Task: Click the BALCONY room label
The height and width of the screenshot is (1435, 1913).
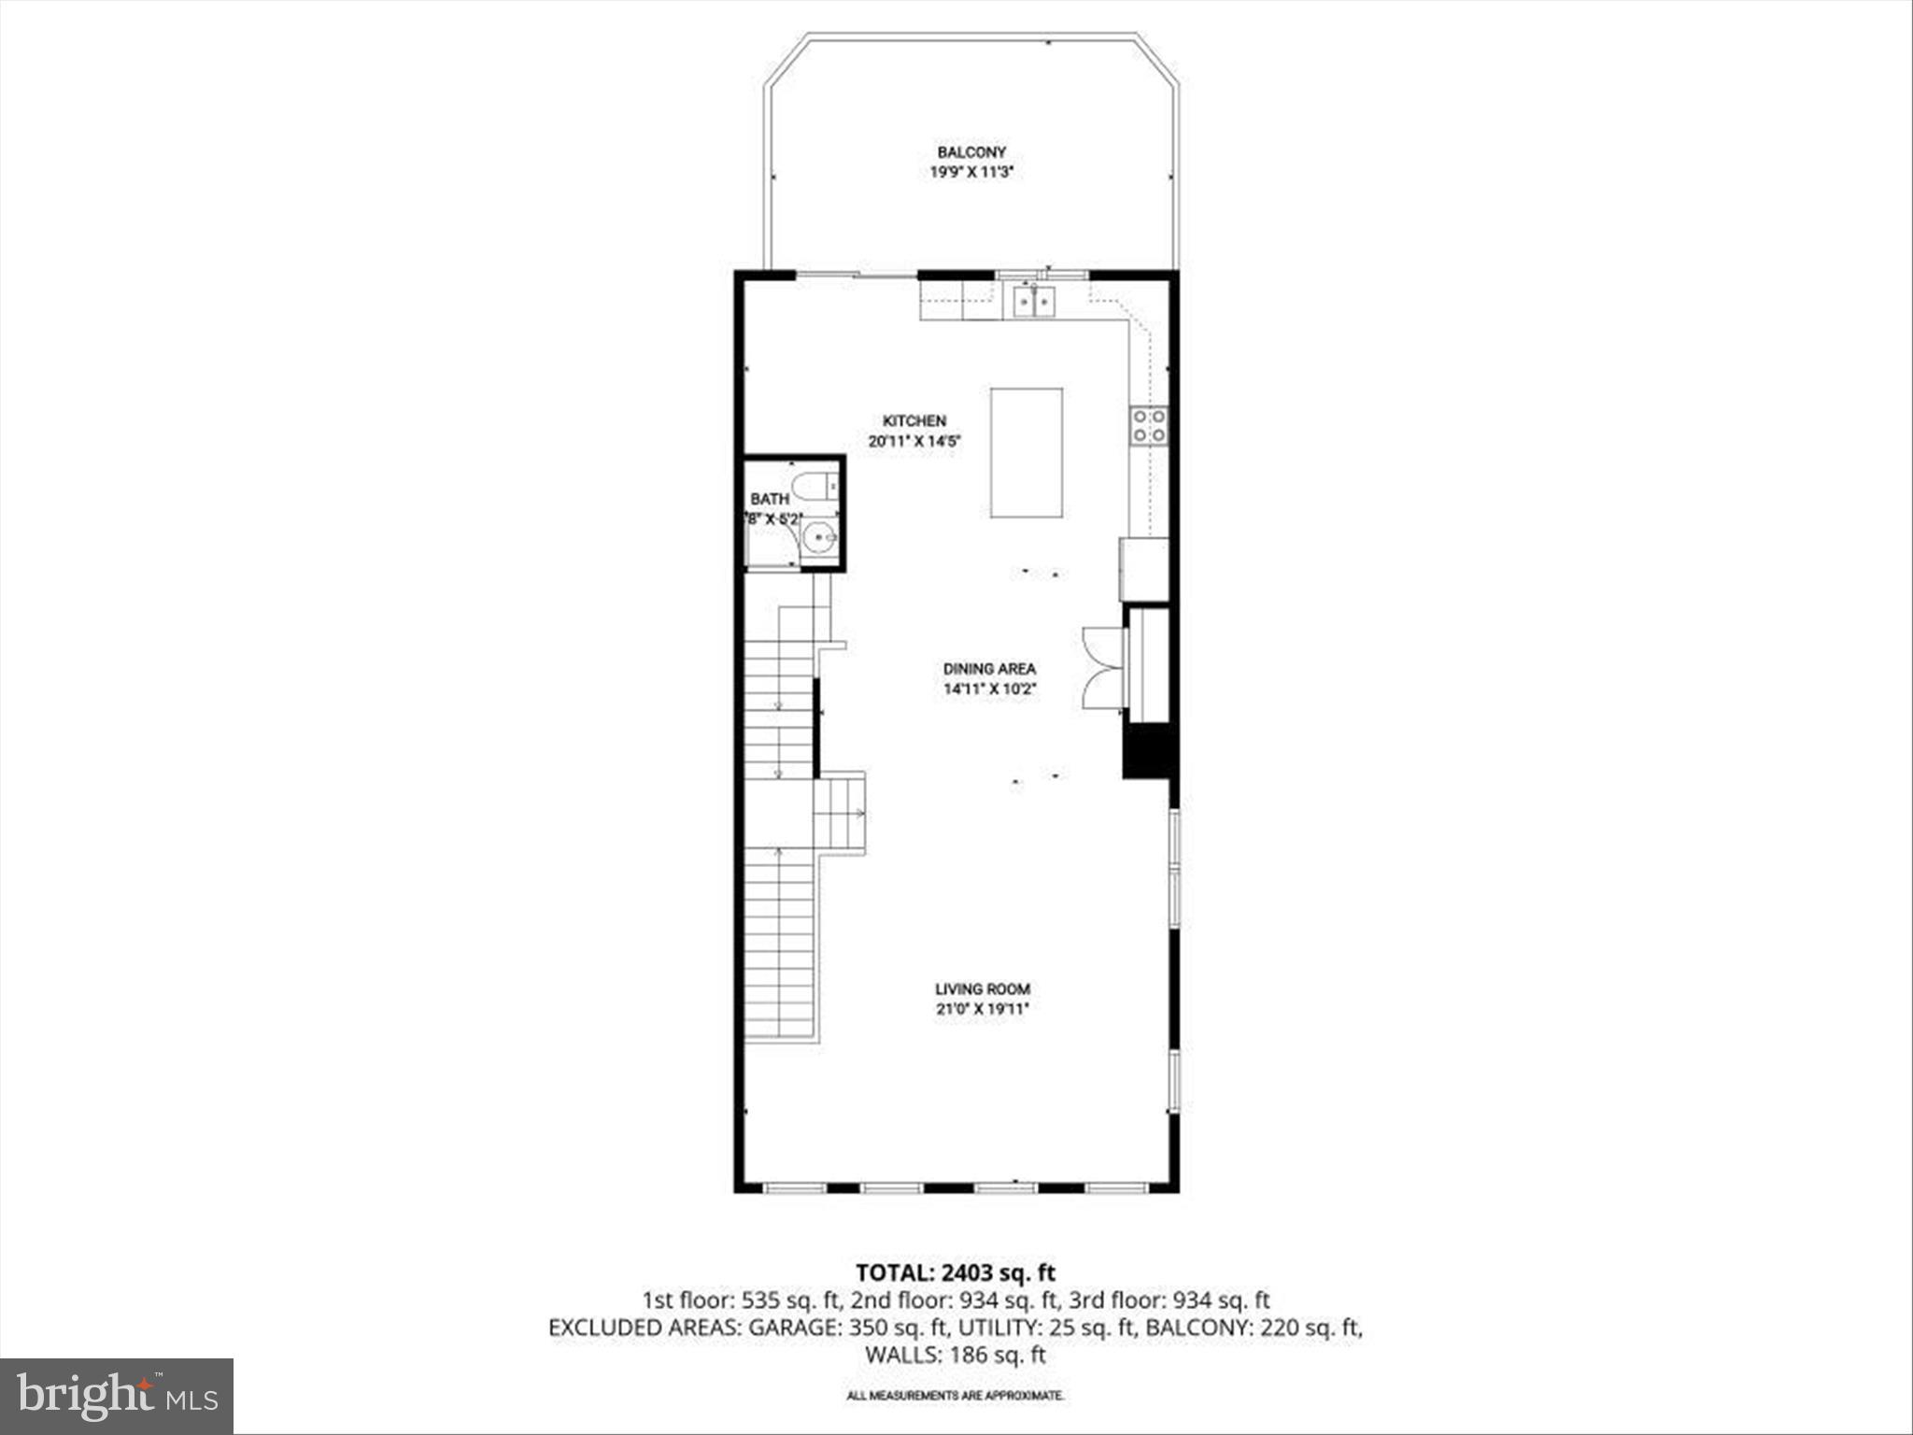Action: coord(971,152)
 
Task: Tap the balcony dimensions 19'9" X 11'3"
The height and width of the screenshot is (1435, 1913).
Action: coord(971,172)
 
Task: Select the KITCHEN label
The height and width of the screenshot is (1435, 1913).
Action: coord(914,421)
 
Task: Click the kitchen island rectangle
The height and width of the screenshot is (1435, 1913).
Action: coord(1026,452)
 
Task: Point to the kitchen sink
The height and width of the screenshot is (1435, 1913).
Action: coord(1034,301)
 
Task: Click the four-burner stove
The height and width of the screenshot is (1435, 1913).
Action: coord(1149,425)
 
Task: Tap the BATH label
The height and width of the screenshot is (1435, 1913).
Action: coord(770,500)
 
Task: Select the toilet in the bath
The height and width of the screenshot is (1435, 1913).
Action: coord(814,486)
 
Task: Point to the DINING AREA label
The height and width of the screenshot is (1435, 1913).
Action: coord(989,669)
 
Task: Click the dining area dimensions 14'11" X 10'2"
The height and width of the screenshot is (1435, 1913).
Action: coord(989,689)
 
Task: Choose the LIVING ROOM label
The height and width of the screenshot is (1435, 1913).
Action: coord(983,988)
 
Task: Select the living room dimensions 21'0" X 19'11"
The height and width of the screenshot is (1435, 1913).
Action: coord(983,1009)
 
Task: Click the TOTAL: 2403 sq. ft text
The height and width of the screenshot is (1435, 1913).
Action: coord(956,1272)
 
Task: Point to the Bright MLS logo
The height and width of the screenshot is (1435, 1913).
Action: coord(117,1396)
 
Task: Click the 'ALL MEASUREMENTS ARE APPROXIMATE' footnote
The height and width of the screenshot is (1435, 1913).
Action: coord(956,1396)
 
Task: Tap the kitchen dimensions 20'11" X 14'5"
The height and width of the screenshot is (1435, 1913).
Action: coord(914,442)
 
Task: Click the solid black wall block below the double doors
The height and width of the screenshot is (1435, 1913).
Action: coord(1146,750)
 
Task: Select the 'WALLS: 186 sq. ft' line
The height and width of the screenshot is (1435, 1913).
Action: coord(956,1355)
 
